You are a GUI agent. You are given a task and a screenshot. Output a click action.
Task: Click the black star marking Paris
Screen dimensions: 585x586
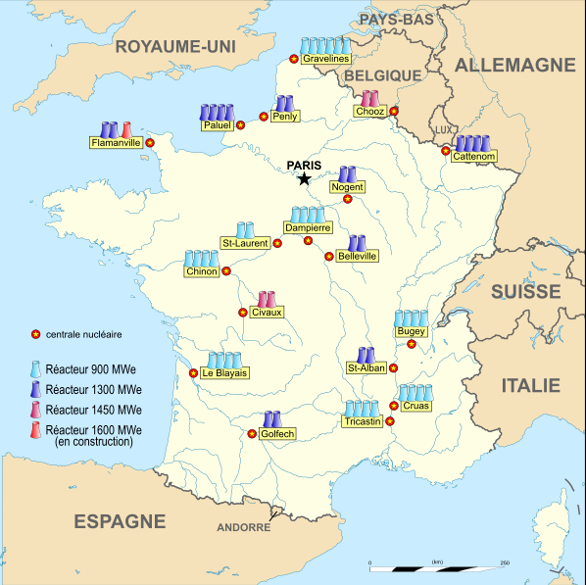click(304, 178)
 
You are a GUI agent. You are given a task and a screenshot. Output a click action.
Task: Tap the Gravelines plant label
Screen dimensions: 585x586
click(326, 60)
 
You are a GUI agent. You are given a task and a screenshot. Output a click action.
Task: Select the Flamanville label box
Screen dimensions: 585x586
click(116, 142)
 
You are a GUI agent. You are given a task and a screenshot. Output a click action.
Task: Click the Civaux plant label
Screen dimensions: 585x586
click(266, 313)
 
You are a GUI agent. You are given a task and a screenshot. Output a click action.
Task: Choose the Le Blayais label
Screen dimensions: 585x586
click(224, 373)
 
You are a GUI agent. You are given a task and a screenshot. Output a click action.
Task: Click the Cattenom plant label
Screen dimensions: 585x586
click(475, 156)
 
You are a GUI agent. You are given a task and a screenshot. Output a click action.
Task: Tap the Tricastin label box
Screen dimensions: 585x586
click(362, 421)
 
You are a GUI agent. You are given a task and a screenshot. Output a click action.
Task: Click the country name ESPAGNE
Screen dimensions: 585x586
click(120, 521)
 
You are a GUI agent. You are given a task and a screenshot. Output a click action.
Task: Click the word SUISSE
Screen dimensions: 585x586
click(526, 291)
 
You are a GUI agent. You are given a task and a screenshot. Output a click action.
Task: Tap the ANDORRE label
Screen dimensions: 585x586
click(243, 527)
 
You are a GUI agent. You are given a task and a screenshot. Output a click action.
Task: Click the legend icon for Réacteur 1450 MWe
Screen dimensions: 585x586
click(35, 410)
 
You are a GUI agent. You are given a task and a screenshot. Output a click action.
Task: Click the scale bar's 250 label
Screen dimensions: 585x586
click(505, 561)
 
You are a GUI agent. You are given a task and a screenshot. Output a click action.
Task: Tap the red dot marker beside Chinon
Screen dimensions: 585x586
click(226, 271)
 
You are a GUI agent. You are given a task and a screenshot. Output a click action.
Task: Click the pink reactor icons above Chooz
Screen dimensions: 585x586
click(369, 98)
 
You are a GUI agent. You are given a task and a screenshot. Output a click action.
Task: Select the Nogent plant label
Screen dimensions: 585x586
click(348, 186)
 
